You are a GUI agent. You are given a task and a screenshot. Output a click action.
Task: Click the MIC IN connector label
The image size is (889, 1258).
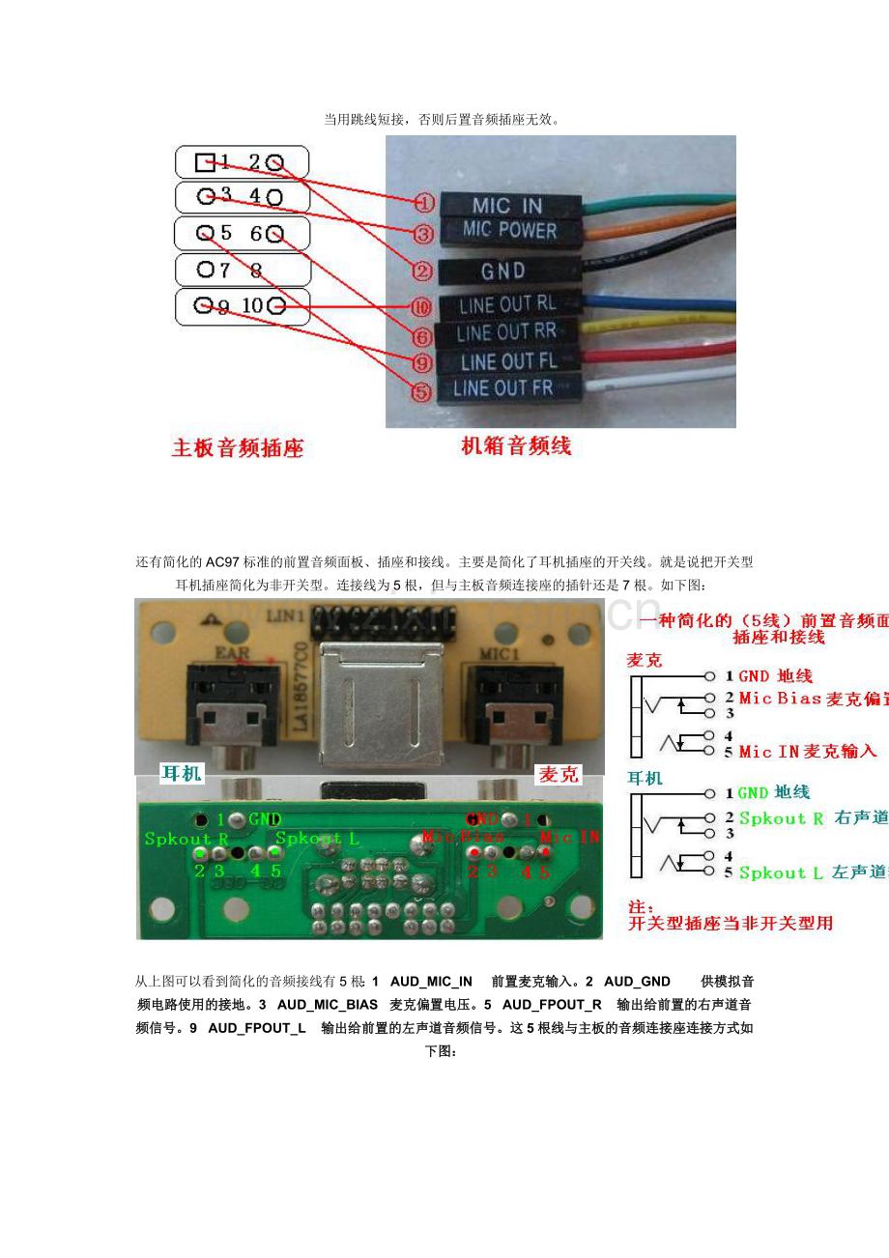click(507, 205)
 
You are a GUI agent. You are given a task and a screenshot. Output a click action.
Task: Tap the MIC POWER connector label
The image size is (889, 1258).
click(509, 231)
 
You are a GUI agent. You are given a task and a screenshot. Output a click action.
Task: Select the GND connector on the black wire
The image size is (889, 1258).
click(503, 271)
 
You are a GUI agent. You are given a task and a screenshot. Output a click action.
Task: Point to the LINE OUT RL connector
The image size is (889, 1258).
click(507, 305)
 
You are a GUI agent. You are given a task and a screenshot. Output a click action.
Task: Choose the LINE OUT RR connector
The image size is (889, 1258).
click(506, 332)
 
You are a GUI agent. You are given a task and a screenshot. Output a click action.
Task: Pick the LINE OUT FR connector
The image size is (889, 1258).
click(502, 388)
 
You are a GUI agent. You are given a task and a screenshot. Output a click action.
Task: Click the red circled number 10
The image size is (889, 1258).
click(421, 308)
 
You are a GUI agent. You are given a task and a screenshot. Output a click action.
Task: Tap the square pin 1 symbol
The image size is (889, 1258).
click(205, 161)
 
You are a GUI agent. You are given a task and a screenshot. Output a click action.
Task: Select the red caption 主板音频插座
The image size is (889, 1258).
click(238, 448)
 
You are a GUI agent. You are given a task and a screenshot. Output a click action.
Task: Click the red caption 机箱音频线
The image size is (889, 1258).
click(516, 445)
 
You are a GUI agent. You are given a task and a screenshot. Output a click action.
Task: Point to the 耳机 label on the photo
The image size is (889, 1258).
click(182, 773)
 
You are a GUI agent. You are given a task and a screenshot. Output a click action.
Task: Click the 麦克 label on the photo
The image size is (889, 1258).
click(559, 774)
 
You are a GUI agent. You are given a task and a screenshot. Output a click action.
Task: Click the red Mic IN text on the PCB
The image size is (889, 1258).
click(569, 838)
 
